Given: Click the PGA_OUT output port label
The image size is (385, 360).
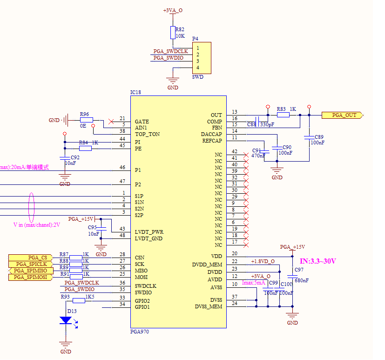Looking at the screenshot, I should coord(344,115).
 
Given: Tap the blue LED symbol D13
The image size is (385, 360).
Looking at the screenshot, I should coord(66,320).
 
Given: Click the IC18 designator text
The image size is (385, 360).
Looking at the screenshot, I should coord(135,92).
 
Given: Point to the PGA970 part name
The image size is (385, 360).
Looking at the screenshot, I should coord(139,332).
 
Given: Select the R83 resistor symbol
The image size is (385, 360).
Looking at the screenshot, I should coord(283,115).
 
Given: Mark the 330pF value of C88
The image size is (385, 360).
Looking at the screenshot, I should coord(267,125).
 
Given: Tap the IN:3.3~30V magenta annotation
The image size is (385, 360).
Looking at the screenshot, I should coord(318,261).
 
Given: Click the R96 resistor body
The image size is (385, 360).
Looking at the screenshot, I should coord(86,120).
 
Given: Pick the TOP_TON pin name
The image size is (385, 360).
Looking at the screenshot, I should coord(147,134).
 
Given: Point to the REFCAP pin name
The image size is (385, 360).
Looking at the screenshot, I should coord(211,141).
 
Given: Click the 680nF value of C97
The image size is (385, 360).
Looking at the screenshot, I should coord(302,280).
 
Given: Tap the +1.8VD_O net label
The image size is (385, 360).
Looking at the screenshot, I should coord(263,261).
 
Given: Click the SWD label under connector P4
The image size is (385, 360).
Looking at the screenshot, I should coord(197,77).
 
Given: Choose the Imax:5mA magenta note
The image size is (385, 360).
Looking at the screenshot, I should coord(253,282).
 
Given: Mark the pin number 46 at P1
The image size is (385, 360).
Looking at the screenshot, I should coord(122,167).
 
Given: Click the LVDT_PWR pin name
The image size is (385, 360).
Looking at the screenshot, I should coord(149,232).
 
